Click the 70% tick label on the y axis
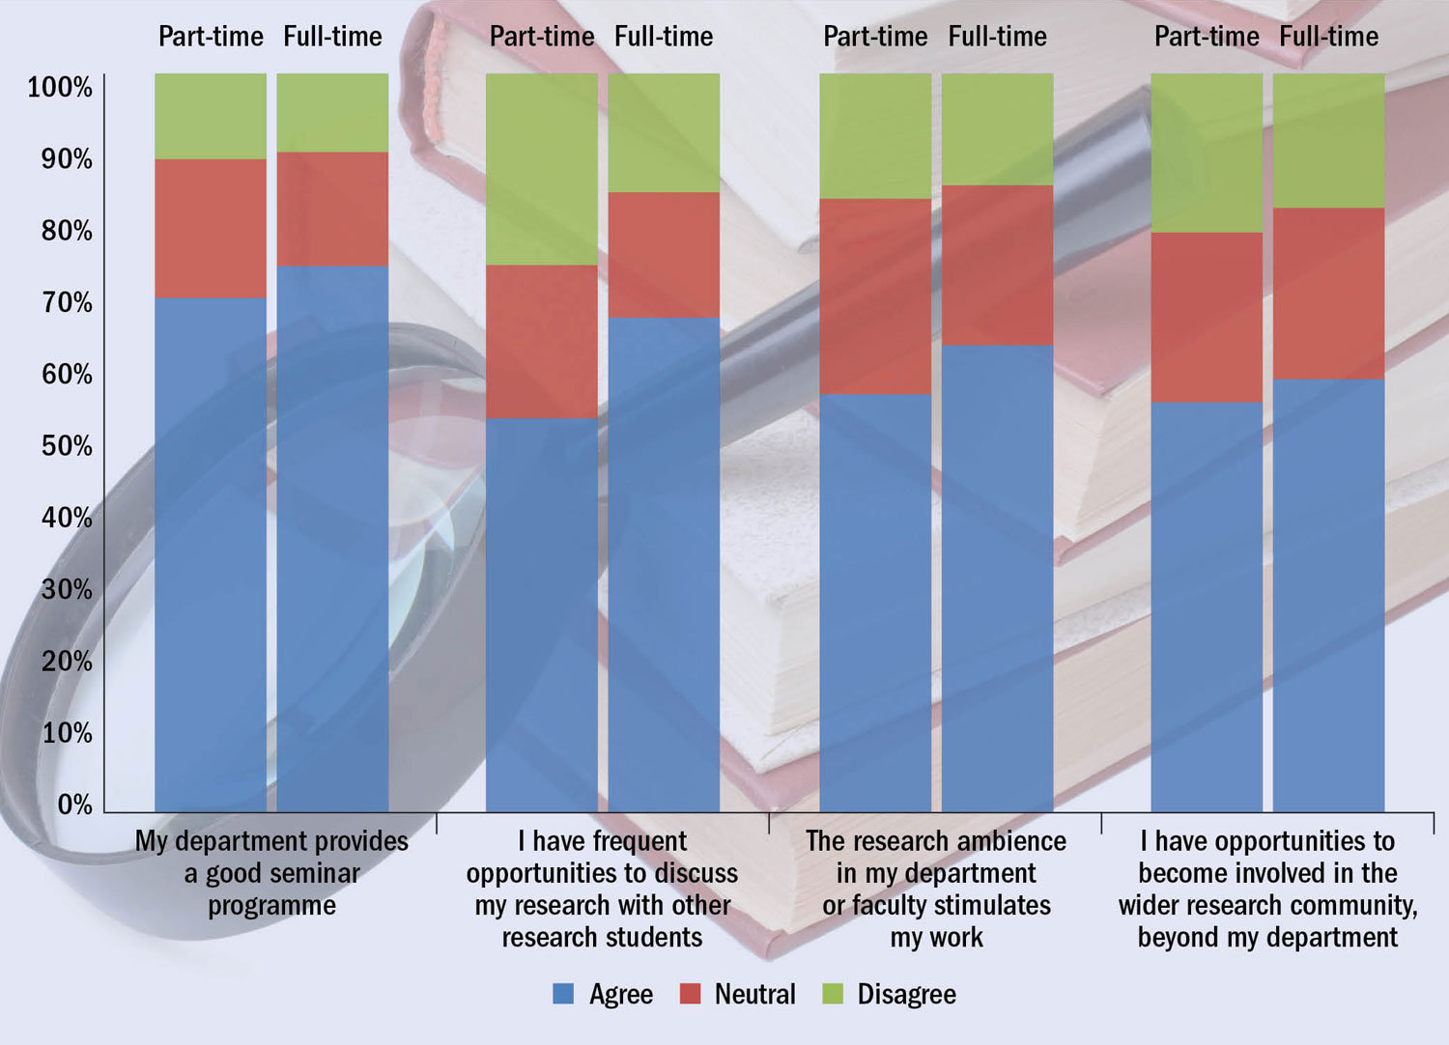pyautogui.click(x=67, y=303)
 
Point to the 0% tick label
pyautogui.click(x=74, y=805)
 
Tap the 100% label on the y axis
pyautogui.click(x=60, y=88)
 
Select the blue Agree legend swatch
pyautogui.click(x=563, y=994)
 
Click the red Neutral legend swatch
pyautogui.click(x=690, y=994)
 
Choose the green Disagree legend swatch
pyautogui.click(x=833, y=994)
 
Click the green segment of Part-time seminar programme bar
pyautogui.click(x=211, y=116)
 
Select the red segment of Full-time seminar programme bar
pyautogui.click(x=332, y=209)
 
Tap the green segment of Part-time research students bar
pyautogui.click(x=541, y=169)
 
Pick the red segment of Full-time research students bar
pyautogui.click(x=664, y=255)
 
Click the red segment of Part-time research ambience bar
pyautogui.click(x=875, y=296)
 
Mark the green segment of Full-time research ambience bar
pyautogui.click(x=997, y=128)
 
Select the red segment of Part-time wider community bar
pyautogui.click(x=1207, y=317)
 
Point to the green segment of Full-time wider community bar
pyautogui.click(x=1328, y=140)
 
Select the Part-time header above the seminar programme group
pyautogui.click(x=211, y=37)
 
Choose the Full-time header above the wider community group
pyautogui.click(x=1328, y=37)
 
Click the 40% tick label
pyautogui.click(x=67, y=519)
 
